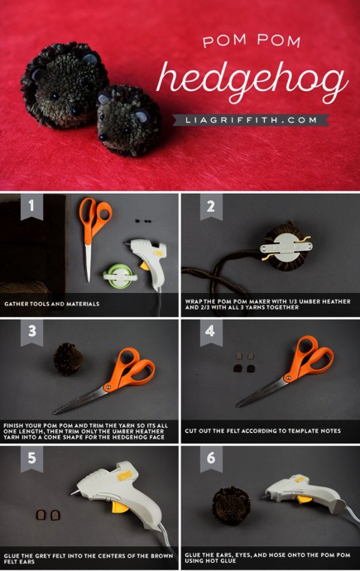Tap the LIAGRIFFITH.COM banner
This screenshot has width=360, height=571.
(x=251, y=120)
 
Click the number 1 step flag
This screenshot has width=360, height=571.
(x=31, y=207)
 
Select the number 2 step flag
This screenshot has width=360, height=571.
(x=211, y=207)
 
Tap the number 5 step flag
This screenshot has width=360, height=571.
(x=31, y=458)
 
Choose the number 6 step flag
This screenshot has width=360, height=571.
(x=211, y=458)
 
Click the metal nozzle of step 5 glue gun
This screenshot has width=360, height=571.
(x=75, y=492)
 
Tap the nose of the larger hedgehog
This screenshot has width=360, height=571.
(x=75, y=109)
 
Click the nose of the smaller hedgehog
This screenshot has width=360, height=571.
(x=103, y=137)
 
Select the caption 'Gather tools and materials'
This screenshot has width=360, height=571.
(x=51, y=304)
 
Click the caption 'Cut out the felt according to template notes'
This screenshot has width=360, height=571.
(x=263, y=431)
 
